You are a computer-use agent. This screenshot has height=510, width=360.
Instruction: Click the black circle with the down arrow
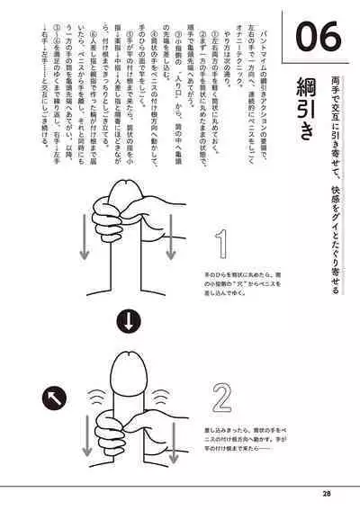pos(129,319)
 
